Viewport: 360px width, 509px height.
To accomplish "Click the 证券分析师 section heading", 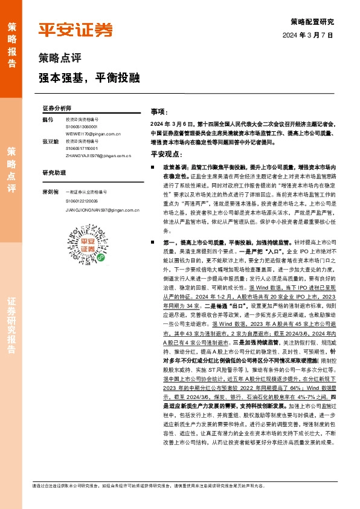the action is pos(57,107).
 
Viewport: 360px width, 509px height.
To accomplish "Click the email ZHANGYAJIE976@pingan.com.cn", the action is pos(97,155).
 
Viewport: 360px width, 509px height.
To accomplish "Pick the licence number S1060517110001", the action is pos(85,148).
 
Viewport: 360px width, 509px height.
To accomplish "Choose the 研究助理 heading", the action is pos(53,172).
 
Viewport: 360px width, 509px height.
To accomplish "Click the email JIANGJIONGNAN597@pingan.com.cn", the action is pos(102,209).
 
